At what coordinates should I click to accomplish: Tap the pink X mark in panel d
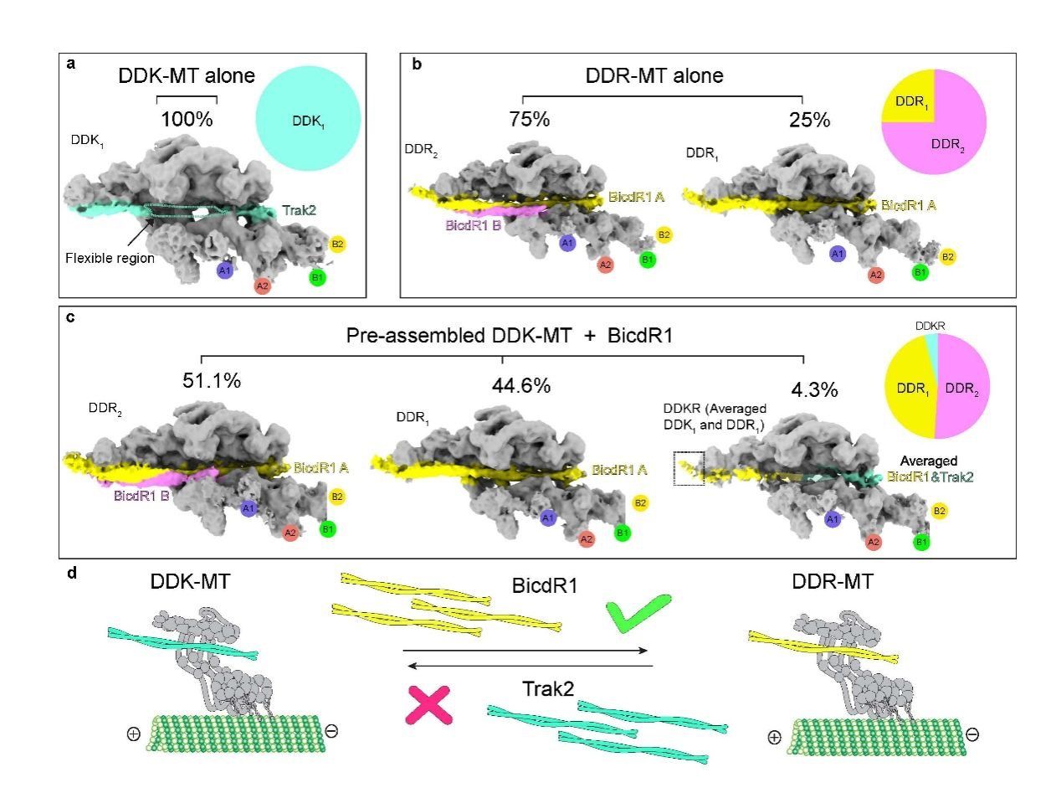coord(428,703)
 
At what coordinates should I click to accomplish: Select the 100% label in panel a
coord(187,119)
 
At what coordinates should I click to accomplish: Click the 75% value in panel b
coord(529,120)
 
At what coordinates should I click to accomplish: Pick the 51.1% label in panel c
coord(212,381)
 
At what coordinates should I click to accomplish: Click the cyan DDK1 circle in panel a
coord(307,121)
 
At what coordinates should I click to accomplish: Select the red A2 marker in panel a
coord(263,286)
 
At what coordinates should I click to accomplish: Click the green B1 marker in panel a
coord(317,277)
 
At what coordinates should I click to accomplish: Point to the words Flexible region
coord(110,258)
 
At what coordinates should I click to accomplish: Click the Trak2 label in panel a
coord(299,213)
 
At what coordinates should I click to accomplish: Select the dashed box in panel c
coord(689,468)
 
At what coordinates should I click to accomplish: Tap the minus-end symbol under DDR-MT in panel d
coord(973,734)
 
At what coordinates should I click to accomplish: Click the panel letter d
coord(72,574)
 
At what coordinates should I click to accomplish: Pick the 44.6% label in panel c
coord(521,386)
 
